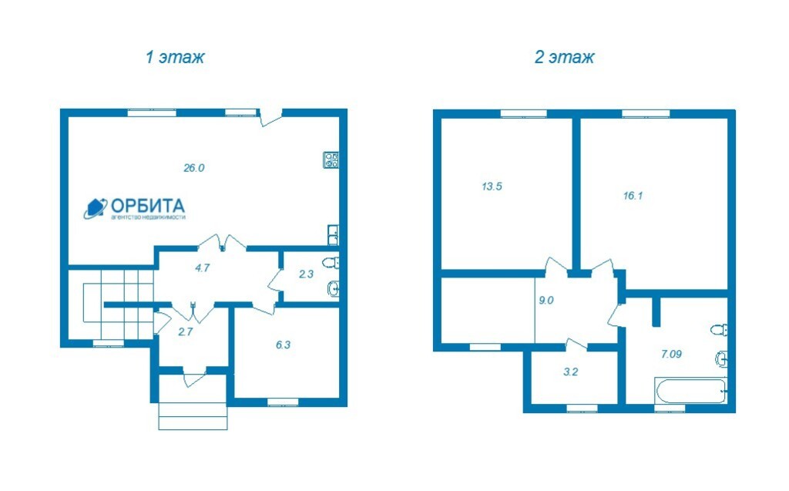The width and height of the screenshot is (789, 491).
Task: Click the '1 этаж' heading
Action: tap(175, 57)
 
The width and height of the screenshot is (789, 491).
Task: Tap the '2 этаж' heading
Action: tap(564, 57)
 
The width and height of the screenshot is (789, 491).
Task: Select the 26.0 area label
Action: tap(193, 168)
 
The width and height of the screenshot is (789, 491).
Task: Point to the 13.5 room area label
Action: tap(492, 187)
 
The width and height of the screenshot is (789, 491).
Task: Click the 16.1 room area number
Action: tap(633, 196)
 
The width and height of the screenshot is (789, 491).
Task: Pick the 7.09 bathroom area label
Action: tap(671, 354)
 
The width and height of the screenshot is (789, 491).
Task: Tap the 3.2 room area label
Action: tap(571, 372)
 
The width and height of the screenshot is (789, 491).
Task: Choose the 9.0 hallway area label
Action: tap(546, 301)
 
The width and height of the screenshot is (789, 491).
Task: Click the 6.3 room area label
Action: tap(283, 345)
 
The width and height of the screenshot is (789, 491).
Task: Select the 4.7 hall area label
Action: tap(202, 268)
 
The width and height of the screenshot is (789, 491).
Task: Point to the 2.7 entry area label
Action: tap(185, 332)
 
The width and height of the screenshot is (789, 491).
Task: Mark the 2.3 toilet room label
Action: tap(306, 274)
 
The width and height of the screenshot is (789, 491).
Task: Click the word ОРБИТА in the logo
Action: tap(148, 206)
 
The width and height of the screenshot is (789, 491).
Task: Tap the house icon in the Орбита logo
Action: tap(95, 208)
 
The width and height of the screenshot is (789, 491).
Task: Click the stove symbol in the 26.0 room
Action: tap(331, 160)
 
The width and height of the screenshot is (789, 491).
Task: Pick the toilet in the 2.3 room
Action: tap(331, 263)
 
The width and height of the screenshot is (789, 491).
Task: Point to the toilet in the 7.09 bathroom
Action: tap(719, 331)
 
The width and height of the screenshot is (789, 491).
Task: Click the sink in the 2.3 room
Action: tap(333, 289)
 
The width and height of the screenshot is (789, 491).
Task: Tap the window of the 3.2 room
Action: tap(583, 409)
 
